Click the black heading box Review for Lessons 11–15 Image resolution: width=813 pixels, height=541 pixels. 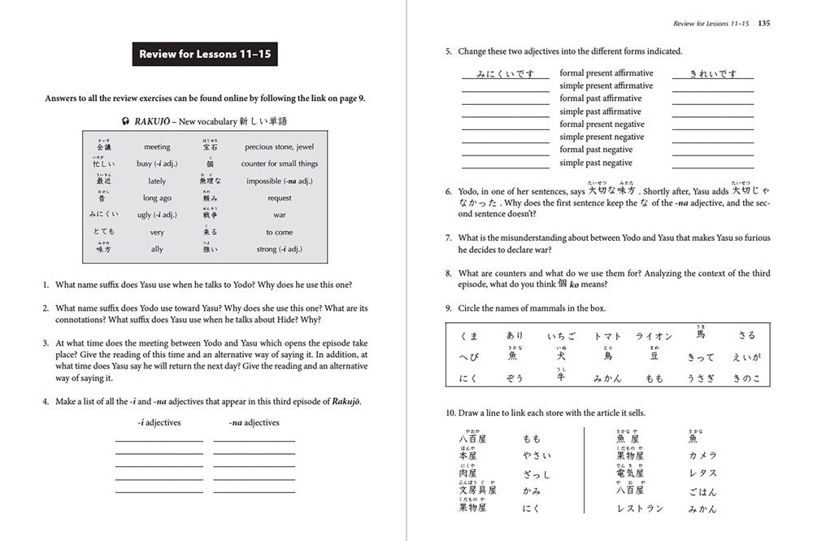point(205,55)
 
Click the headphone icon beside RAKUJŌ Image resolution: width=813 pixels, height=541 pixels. point(124,120)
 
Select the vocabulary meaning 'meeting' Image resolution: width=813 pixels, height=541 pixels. point(157,147)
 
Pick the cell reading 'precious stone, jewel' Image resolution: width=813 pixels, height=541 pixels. point(279,147)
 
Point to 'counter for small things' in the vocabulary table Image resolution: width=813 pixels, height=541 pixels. point(279,164)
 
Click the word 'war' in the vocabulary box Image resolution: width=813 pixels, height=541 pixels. point(279,216)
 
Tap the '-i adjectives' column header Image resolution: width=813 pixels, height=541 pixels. point(159,422)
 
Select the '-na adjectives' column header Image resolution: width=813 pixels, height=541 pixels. point(254,422)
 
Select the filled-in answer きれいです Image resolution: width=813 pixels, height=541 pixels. point(712,73)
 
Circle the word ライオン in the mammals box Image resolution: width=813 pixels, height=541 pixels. point(653,336)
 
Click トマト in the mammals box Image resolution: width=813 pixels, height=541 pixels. point(606,336)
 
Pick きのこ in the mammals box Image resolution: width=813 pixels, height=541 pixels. point(746,378)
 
